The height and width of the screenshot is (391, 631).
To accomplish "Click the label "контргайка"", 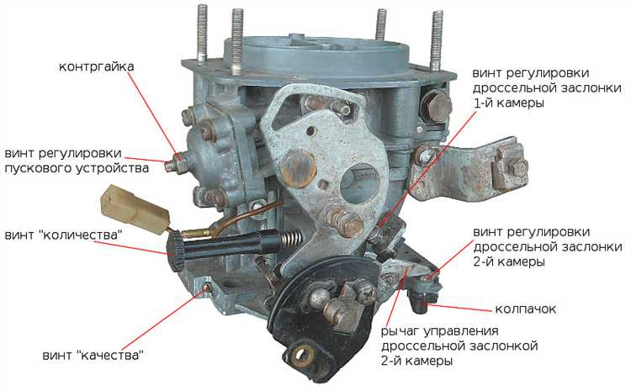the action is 96,66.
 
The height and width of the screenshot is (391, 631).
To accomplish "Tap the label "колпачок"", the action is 525,309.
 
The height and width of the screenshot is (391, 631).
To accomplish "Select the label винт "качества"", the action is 93,355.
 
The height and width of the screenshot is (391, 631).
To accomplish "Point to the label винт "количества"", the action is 63,235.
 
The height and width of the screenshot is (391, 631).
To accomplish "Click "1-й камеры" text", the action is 509,103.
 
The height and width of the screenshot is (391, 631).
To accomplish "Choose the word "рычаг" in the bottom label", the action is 400,331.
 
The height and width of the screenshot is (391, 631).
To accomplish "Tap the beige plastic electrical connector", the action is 134,209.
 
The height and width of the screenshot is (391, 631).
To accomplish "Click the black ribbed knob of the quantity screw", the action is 176,252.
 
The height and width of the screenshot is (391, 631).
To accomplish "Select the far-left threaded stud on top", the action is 202,33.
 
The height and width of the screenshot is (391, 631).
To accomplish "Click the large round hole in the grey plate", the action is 360,183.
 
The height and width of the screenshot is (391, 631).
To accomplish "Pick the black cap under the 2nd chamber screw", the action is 421,303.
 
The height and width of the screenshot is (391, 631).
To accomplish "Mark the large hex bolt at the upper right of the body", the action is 437,104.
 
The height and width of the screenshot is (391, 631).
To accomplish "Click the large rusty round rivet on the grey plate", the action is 299,167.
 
